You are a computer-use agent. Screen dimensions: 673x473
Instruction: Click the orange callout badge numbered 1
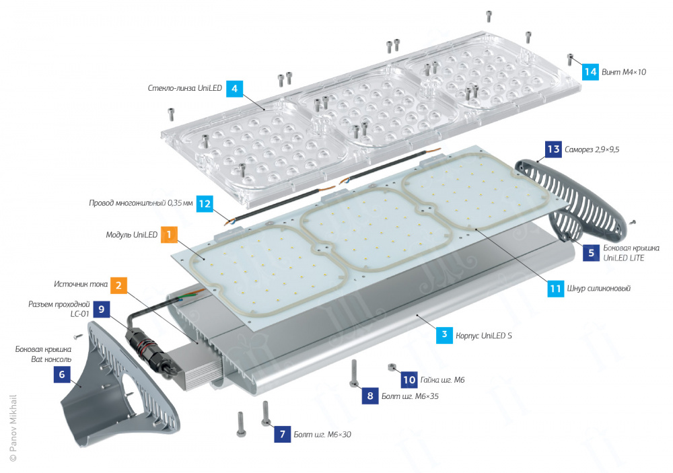(169, 234)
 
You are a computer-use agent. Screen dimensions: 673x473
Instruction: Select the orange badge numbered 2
(118, 285)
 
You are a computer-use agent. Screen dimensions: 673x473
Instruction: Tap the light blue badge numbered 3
(444, 335)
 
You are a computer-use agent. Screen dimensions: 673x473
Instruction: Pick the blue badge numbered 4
(234, 88)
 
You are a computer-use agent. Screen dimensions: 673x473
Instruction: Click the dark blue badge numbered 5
(591, 252)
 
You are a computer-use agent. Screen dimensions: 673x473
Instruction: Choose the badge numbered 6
(62, 374)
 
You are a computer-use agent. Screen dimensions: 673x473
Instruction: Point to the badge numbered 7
(283, 434)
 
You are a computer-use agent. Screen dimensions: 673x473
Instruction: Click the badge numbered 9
(102, 309)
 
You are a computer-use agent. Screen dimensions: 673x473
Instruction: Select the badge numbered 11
(555, 289)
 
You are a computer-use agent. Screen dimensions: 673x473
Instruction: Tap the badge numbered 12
(205, 203)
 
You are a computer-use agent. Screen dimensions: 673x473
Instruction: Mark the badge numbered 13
(553, 149)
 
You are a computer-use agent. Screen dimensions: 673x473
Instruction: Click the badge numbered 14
(590, 72)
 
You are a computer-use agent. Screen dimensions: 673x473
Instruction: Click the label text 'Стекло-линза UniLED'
(184, 88)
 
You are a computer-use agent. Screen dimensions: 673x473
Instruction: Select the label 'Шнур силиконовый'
(599, 289)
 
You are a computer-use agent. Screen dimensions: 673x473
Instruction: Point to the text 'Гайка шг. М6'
(442, 380)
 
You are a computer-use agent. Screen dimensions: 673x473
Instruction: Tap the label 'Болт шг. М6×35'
(410, 396)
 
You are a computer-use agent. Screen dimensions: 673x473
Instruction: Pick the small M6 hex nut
(392, 367)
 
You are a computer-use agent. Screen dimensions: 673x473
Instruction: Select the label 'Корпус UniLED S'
(484, 336)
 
